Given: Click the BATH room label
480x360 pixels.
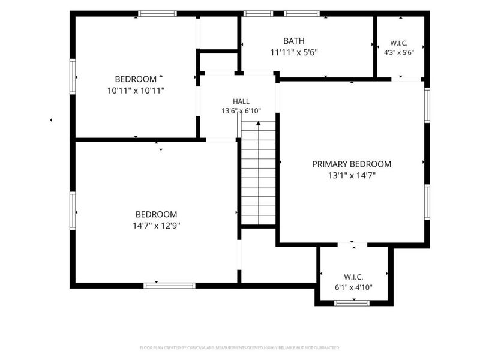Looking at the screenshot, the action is [x=294, y=41].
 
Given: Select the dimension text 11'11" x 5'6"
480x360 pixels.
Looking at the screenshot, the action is [x=294, y=52].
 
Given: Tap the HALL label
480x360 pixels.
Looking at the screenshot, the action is [x=241, y=101].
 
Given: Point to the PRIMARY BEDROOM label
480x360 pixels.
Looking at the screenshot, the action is [x=352, y=164].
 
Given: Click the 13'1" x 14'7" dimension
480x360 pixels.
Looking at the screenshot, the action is [x=352, y=175].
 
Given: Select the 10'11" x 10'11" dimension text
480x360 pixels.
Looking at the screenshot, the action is [x=136, y=91].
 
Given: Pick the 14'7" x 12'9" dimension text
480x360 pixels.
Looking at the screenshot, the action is [x=157, y=226].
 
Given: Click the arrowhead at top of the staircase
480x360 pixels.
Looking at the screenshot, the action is [x=259, y=124].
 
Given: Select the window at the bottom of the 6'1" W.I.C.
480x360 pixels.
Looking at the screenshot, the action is [x=352, y=303].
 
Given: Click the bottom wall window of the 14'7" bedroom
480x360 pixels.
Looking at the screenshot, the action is [x=169, y=286].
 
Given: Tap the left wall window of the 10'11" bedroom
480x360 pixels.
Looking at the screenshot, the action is [x=73, y=77].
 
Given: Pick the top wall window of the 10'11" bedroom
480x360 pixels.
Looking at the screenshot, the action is [x=157, y=13].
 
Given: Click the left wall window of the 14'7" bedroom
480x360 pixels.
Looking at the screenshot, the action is [x=73, y=211].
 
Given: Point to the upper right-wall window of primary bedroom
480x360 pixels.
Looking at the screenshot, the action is [x=427, y=105].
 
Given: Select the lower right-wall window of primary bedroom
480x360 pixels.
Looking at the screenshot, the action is [x=427, y=202].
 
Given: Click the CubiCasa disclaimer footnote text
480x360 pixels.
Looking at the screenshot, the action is [x=239, y=348].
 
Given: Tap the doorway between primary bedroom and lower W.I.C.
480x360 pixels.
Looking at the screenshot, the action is [x=352, y=245].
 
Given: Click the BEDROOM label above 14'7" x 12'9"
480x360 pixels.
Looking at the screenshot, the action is [x=157, y=214].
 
